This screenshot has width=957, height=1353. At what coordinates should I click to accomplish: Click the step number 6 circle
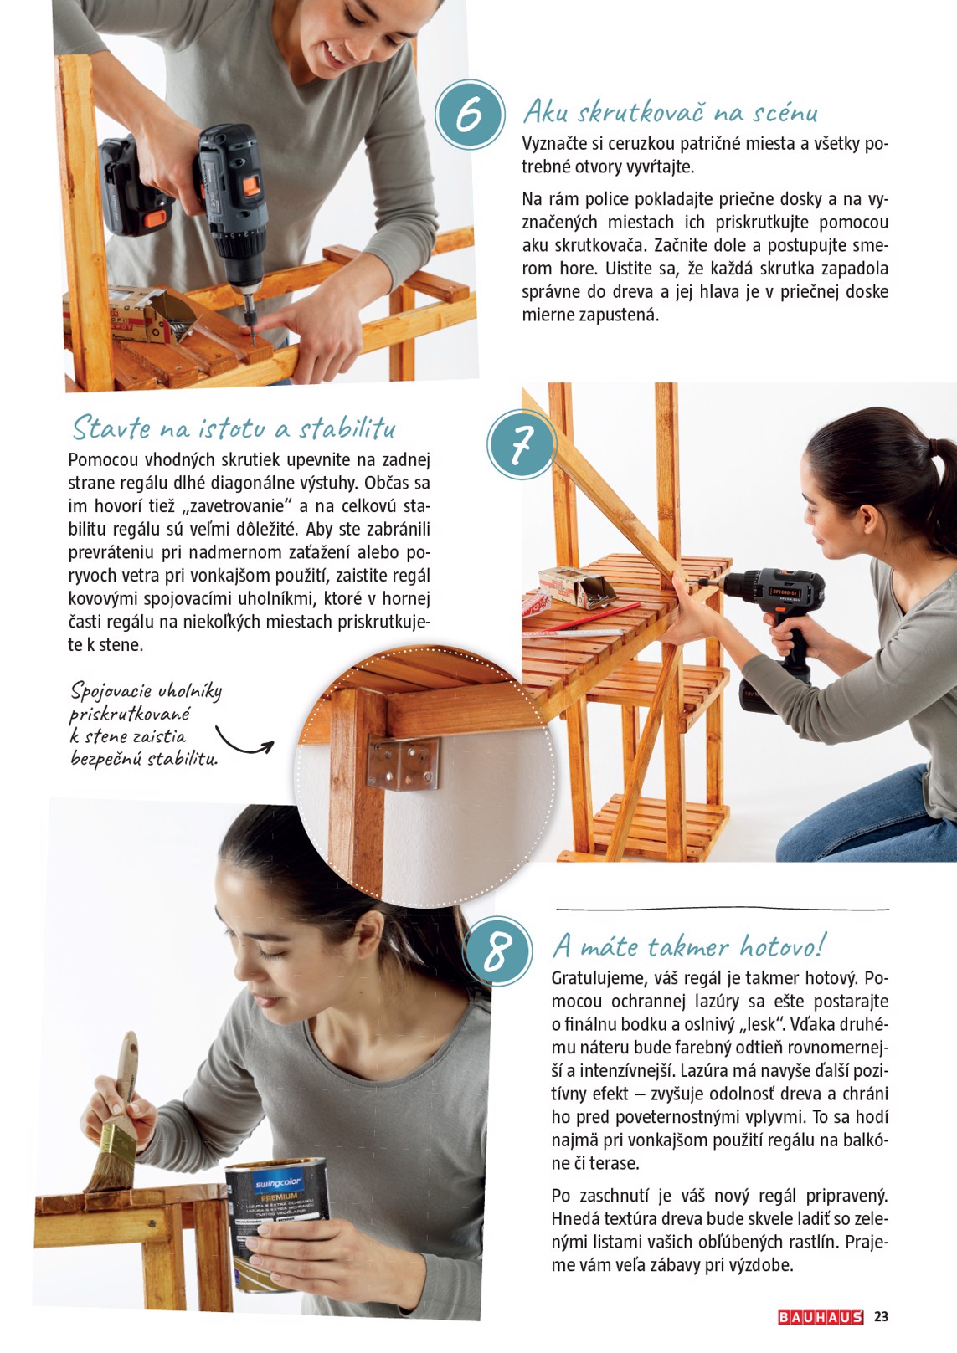click(471, 115)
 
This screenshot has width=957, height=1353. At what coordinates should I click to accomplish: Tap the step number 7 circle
click(522, 444)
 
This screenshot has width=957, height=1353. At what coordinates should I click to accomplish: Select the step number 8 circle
click(497, 951)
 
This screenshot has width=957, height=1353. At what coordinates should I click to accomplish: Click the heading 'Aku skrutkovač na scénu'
click(670, 112)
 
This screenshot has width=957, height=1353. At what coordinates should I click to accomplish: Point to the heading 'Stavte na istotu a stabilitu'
click(234, 428)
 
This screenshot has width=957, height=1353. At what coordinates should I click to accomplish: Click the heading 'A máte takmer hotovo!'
click(688, 946)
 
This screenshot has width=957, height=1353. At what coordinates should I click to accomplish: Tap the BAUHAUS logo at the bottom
click(820, 1317)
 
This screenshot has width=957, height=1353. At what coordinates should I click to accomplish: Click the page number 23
click(881, 1317)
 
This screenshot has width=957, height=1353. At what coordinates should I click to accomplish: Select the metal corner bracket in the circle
click(403, 764)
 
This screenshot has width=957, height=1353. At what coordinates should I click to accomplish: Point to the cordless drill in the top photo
click(226, 201)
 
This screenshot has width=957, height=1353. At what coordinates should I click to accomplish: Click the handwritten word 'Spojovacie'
click(111, 691)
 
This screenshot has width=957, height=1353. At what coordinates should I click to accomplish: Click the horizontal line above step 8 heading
click(722, 909)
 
